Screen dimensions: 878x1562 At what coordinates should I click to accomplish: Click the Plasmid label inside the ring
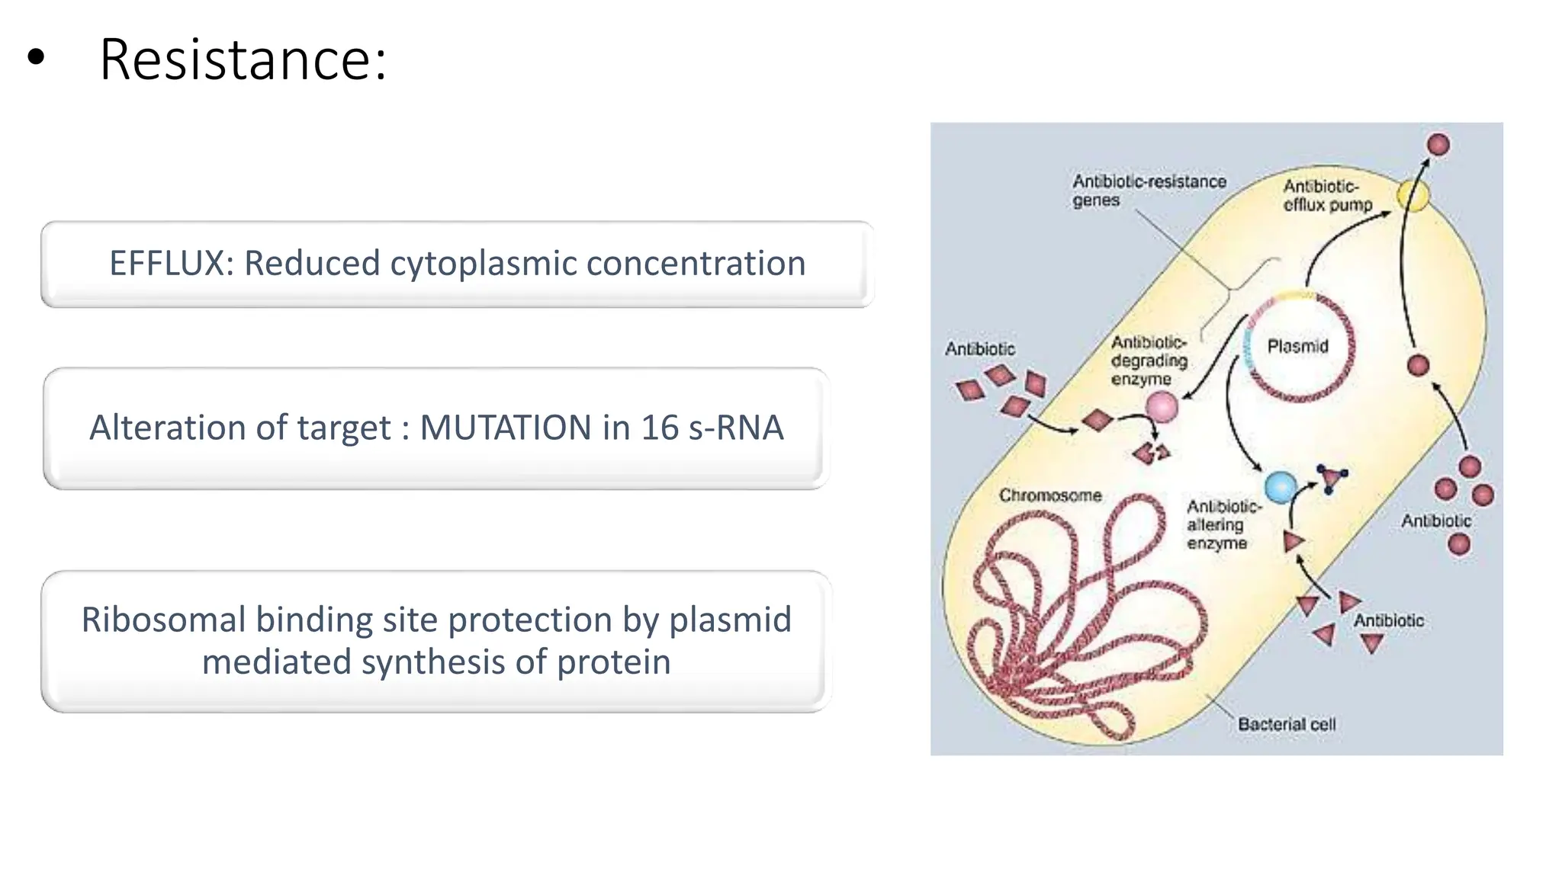(x=1297, y=347)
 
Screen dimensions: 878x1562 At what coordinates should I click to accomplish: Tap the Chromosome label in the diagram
(x=1050, y=495)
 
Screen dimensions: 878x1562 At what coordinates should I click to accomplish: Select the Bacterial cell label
(x=1287, y=724)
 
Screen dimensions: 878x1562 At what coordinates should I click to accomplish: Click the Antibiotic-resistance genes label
(x=1149, y=191)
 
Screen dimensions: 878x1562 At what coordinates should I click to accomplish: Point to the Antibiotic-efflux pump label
(x=1326, y=195)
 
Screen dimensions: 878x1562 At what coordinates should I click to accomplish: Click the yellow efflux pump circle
(x=1413, y=196)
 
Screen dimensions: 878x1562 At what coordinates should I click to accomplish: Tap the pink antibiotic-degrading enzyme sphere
(x=1162, y=407)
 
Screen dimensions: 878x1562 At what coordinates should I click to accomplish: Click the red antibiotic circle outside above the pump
(x=1438, y=145)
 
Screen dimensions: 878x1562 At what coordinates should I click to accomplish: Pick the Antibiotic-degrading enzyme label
(x=1149, y=360)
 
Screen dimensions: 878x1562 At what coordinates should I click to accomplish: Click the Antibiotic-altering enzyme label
(x=1223, y=524)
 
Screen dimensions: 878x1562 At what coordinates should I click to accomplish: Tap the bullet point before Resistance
(x=36, y=58)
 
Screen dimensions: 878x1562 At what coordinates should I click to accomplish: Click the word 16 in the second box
(x=659, y=428)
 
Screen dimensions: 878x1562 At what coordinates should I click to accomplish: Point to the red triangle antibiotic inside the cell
(x=1294, y=542)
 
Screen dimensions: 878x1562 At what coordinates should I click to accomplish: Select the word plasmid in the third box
(x=730, y=620)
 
